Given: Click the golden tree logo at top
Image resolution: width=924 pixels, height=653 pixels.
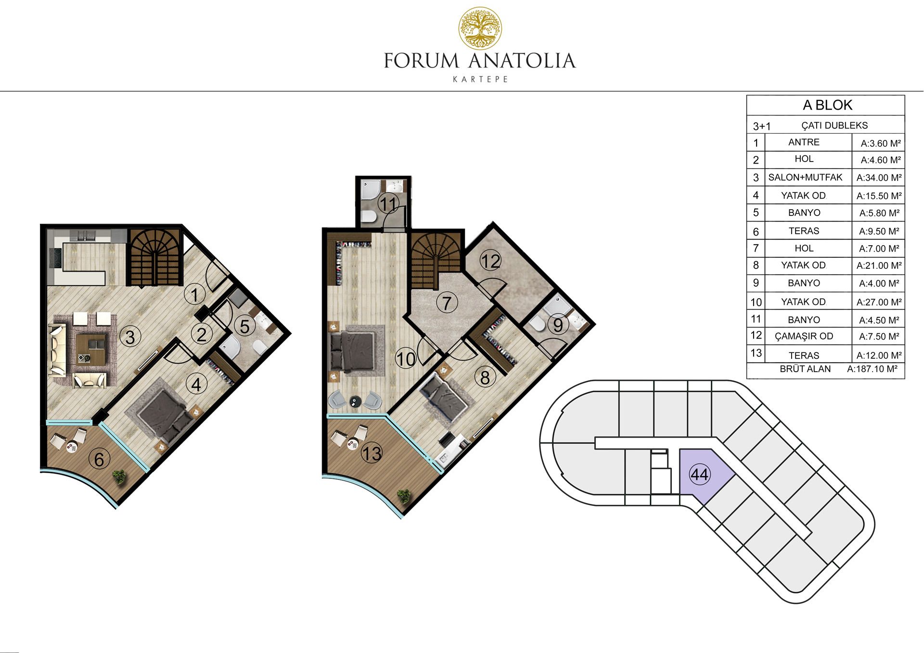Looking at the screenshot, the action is [x=480, y=28].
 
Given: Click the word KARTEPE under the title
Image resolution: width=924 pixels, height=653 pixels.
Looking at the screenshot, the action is [x=480, y=79].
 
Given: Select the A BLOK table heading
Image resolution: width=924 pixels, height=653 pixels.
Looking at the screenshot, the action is [x=827, y=105].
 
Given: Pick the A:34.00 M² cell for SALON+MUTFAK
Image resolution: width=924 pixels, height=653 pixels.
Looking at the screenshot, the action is [x=879, y=177].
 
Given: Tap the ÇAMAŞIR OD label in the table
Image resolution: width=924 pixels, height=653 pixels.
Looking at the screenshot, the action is [x=804, y=336].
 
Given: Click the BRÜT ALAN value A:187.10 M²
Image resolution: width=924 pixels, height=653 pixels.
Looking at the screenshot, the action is [x=872, y=369].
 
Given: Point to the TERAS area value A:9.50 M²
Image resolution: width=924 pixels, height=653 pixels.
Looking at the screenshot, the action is [x=879, y=231].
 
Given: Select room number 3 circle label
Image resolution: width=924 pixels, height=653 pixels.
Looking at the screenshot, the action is [x=130, y=337].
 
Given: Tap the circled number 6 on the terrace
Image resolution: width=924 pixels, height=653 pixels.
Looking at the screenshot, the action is [x=99, y=459].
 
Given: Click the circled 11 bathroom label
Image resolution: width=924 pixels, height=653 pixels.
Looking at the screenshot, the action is [x=388, y=204].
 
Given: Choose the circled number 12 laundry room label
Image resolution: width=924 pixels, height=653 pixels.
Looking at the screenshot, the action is [x=490, y=261].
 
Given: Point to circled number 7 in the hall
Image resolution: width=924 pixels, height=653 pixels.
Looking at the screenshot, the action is [x=447, y=303].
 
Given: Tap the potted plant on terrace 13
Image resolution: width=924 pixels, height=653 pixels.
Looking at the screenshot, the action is [x=404, y=496].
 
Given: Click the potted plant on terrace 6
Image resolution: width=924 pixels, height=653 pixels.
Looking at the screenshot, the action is [x=119, y=476].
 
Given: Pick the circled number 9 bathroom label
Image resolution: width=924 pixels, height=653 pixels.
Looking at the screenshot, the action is [x=558, y=325].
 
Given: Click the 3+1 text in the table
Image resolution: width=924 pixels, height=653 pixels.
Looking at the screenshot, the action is [x=762, y=126].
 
